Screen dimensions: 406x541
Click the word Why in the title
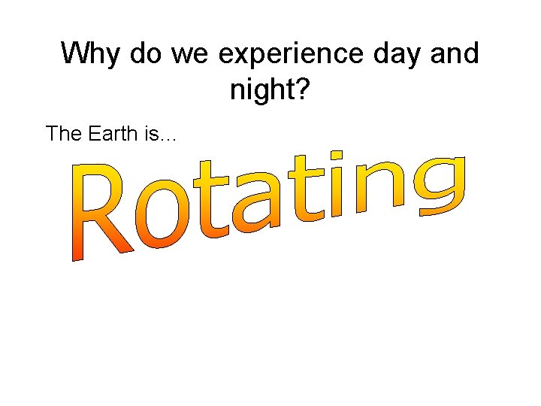pyautogui.click(x=92, y=55)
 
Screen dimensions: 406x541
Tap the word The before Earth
pyautogui.click(x=62, y=134)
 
